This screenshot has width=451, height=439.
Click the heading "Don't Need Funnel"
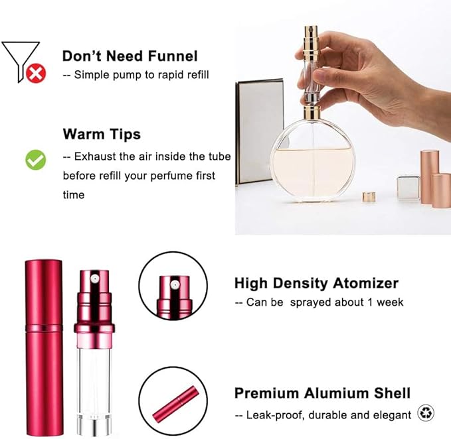tap(130, 56)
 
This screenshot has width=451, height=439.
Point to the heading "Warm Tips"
tap(102, 134)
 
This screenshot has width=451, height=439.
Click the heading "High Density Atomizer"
tap(316, 283)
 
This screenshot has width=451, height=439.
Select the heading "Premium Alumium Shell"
tap(322, 393)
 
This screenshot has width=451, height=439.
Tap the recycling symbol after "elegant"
tap(426, 414)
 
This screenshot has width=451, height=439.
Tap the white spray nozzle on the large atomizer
tap(94, 273)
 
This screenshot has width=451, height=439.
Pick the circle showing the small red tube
tap(172, 403)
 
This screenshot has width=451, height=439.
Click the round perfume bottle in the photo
tap(310, 159)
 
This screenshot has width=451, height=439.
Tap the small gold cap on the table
tap(369, 197)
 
